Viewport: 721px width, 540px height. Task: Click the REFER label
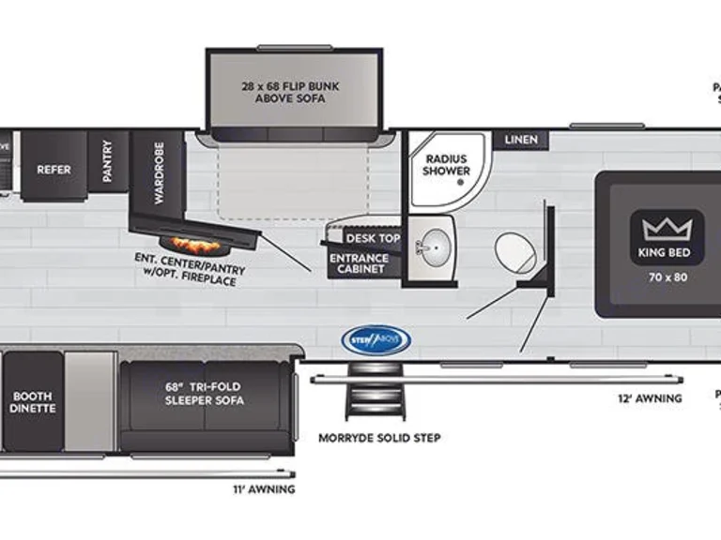click(x=54, y=170)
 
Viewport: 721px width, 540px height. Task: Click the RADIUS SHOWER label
click(x=446, y=165)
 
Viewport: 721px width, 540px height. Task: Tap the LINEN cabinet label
click(x=521, y=140)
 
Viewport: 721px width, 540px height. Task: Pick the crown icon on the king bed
click(x=667, y=227)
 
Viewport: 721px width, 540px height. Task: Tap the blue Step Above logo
click(x=376, y=338)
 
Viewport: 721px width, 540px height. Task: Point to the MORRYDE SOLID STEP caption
click(x=379, y=438)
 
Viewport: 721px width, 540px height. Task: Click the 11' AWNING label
click(x=264, y=488)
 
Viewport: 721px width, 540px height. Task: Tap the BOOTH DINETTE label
click(x=33, y=401)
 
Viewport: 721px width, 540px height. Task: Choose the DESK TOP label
click(x=373, y=238)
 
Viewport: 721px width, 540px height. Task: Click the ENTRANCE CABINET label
click(x=358, y=263)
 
